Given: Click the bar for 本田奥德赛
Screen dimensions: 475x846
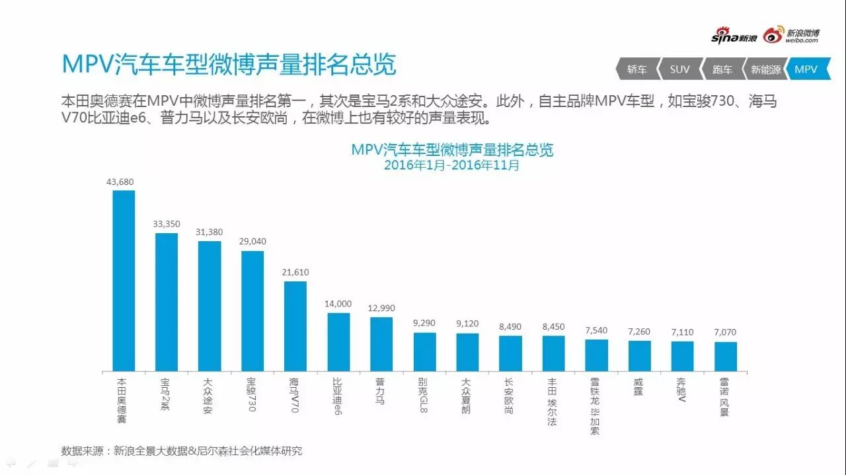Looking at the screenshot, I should coord(124,281).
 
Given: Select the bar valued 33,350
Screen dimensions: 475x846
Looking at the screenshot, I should coord(167,302).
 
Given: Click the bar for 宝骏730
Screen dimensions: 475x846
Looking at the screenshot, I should coord(252,311).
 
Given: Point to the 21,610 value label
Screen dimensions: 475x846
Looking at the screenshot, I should coord(295,272).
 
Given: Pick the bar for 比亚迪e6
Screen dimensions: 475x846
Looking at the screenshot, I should coord(338,342).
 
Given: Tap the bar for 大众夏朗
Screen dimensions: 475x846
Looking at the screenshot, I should coord(467,352).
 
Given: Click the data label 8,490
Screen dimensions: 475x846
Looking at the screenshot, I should coord(510,326).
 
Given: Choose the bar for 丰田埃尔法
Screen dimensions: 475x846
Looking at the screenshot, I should coord(553,353).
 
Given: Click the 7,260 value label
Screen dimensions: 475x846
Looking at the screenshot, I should coord(639,331).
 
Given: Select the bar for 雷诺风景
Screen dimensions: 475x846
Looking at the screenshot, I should coord(725,356).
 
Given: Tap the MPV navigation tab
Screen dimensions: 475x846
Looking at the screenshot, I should coord(807,69).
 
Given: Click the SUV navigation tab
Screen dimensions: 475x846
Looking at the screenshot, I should coord(679,69).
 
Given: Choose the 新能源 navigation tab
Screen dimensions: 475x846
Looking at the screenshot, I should coord(765,69).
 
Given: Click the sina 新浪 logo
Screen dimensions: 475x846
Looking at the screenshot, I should coord(734,37).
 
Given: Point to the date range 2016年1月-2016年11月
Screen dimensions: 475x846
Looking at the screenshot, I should coord(452,166).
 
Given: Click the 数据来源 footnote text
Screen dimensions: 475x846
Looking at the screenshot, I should coord(182,451).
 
